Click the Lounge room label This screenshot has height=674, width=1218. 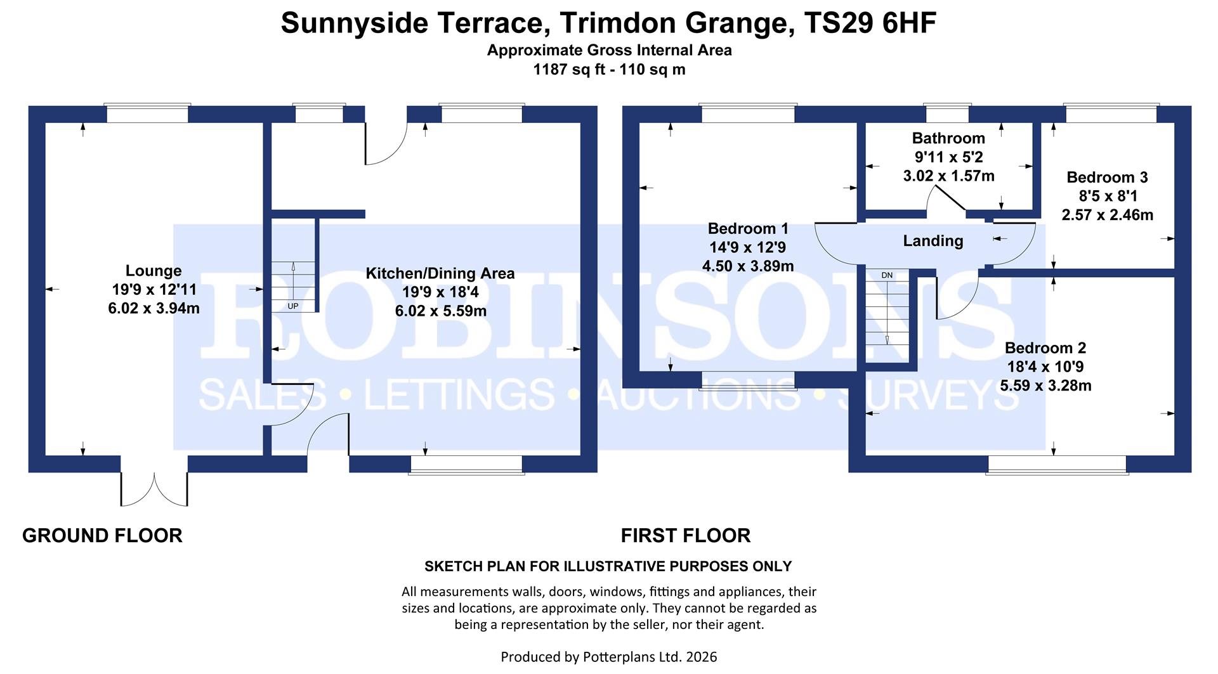point(154,271)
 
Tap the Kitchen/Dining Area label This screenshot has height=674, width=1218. point(440,273)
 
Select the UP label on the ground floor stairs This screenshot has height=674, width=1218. point(293,306)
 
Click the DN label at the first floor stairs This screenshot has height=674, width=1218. point(887,275)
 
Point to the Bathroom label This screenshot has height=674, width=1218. point(948,138)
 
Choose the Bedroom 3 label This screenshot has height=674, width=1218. point(1107,178)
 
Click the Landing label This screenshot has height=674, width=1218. point(933,241)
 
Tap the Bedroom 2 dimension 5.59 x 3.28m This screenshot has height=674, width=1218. point(1045,386)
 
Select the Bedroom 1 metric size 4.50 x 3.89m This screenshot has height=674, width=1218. point(748,266)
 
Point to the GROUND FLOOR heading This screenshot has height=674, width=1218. point(102,536)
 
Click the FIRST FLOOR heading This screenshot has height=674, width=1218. point(685,536)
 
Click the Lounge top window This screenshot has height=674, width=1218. point(147,114)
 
